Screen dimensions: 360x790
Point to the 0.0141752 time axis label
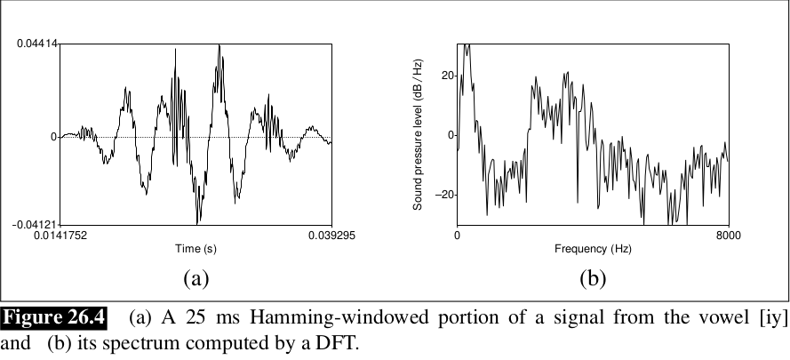coord(60,236)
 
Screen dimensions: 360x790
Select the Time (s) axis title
coord(195,250)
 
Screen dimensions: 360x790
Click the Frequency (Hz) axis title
coord(593,250)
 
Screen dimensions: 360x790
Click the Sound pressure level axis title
coord(417,133)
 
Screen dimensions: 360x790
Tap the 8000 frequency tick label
coord(728,236)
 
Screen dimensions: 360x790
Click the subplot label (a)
coord(196,278)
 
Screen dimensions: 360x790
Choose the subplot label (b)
coord(593,278)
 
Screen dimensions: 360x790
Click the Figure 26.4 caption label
coord(55,317)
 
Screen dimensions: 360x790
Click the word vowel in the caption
coord(715,317)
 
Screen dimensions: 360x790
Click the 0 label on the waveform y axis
coord(54,136)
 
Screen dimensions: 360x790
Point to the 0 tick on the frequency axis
coord(457,236)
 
